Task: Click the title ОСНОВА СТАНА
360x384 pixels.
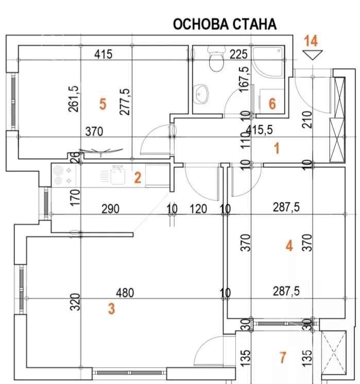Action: [225, 24]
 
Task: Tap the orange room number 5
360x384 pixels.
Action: [102, 104]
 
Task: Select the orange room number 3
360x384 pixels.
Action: [111, 309]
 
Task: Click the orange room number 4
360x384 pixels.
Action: [289, 247]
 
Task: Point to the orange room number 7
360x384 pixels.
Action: [282, 356]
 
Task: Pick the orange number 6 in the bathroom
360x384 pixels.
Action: [272, 104]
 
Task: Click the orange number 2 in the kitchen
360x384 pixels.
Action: [137, 178]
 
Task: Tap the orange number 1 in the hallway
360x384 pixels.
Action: [277, 149]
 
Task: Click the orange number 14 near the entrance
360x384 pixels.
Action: [312, 40]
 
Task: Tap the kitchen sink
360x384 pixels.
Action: [118, 174]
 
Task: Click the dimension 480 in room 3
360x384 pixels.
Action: [125, 293]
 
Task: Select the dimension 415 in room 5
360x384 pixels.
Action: [104, 53]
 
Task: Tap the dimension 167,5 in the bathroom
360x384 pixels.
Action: [245, 77]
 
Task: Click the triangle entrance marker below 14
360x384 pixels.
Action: [312, 55]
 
